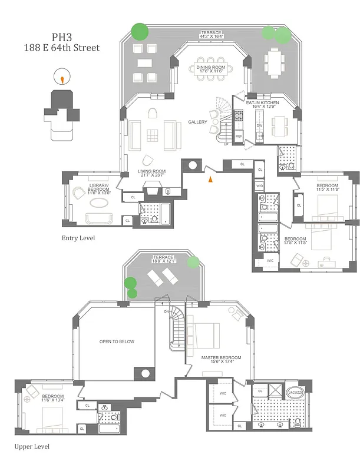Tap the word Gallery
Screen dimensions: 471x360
[x=197, y=122]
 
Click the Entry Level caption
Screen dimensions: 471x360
[x=78, y=238]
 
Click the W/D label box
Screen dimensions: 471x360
[x=259, y=186]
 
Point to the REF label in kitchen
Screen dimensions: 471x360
[x=239, y=136]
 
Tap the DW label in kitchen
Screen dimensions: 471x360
[x=259, y=125]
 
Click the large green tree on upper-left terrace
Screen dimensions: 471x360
[x=140, y=31]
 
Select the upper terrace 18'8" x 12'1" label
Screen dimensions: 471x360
[x=163, y=260]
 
